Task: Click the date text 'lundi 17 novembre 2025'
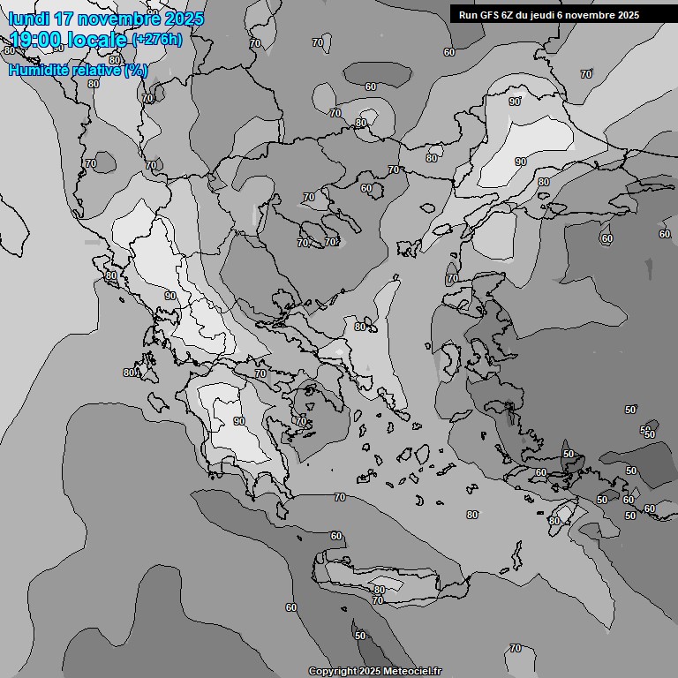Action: [106, 19]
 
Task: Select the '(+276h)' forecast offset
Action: [157, 40]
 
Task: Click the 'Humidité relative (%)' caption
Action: [79, 70]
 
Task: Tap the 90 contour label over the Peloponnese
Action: [238, 422]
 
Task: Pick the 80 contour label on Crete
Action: [379, 590]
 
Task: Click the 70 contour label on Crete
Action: [378, 600]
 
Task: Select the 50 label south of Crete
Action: [359, 636]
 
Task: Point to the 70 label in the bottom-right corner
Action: [516, 649]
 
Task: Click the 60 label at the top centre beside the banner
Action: [449, 53]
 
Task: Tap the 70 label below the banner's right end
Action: [585, 75]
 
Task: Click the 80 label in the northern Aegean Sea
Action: [359, 327]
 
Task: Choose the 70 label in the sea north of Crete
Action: [340, 498]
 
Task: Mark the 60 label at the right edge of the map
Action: [664, 234]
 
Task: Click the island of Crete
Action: [388, 578]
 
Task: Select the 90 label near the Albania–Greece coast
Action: [170, 297]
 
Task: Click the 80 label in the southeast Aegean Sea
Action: [472, 515]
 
